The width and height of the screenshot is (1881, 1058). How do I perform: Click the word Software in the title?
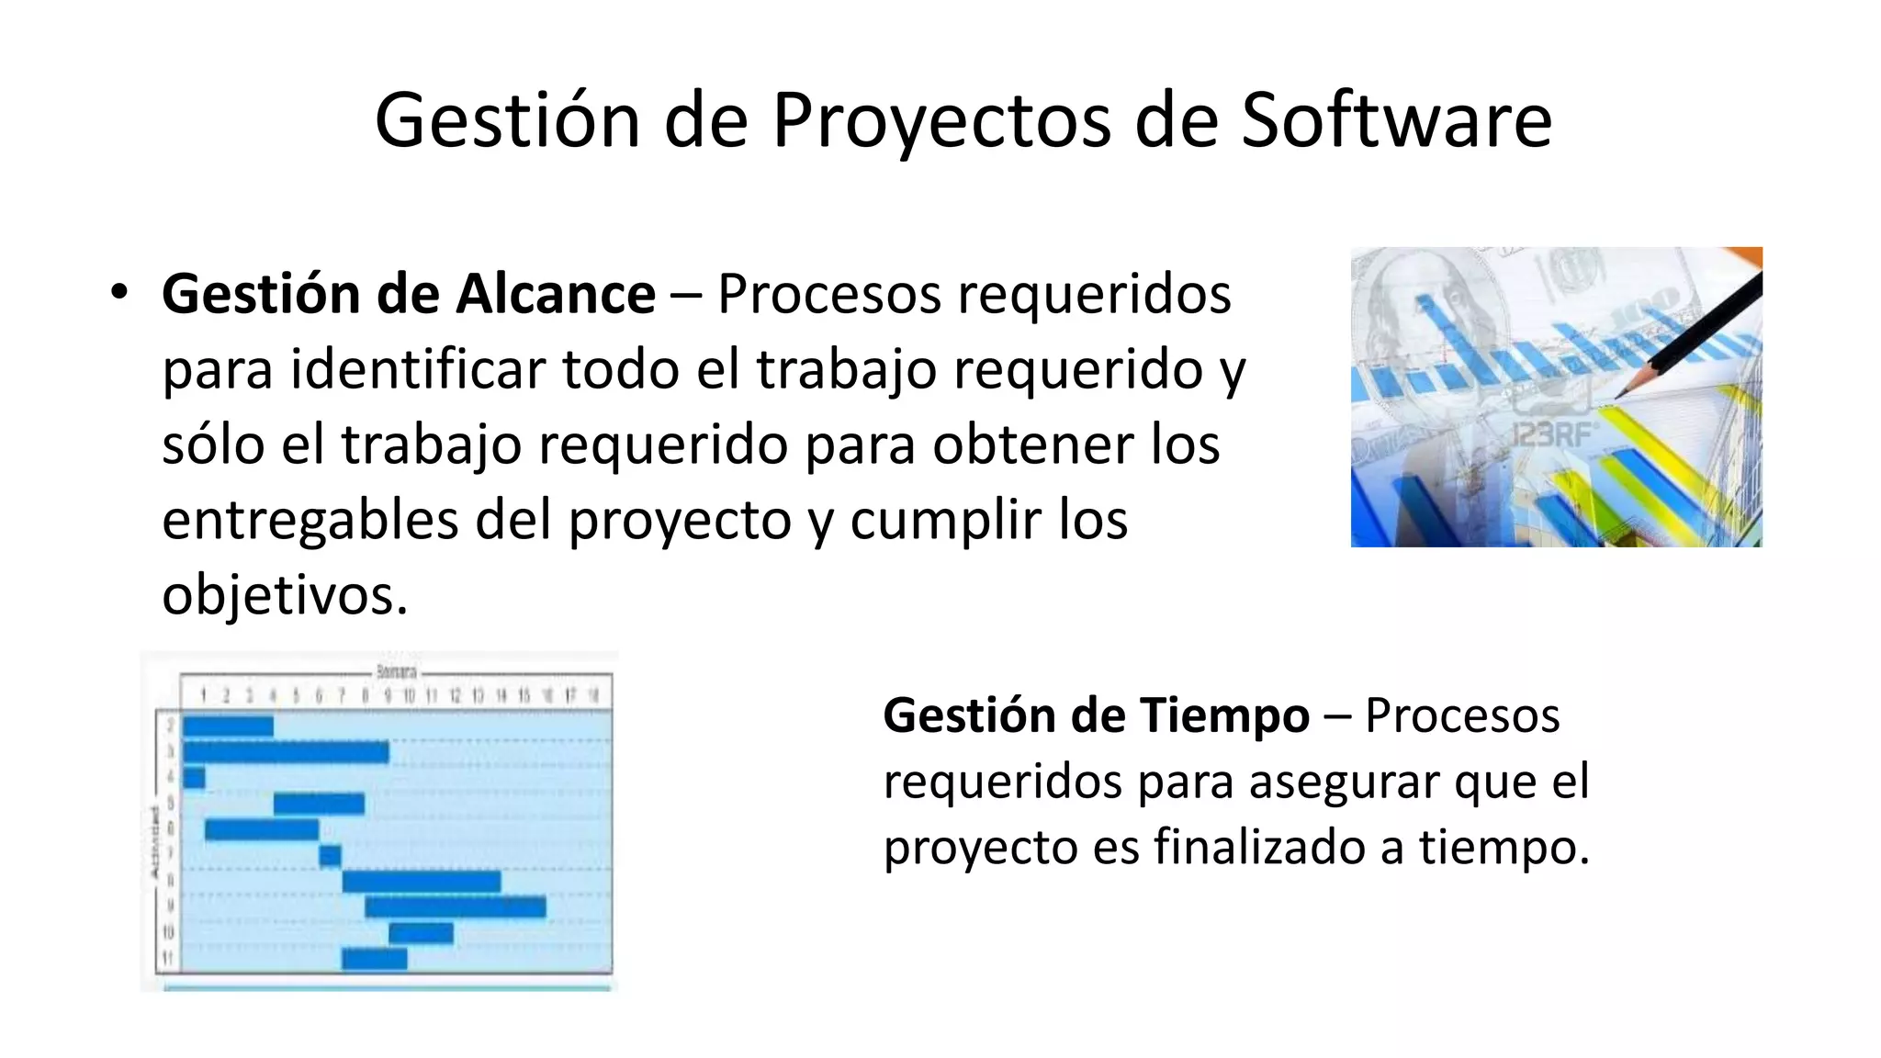1396,120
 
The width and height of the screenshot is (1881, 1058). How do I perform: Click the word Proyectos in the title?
940,120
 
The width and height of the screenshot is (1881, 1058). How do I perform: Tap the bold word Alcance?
556,295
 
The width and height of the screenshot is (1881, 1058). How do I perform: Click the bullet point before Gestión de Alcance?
118,293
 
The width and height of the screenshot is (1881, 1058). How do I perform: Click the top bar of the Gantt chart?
228,726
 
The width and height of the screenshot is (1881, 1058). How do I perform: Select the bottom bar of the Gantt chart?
374,959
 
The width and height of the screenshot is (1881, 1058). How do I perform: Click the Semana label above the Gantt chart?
397,671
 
